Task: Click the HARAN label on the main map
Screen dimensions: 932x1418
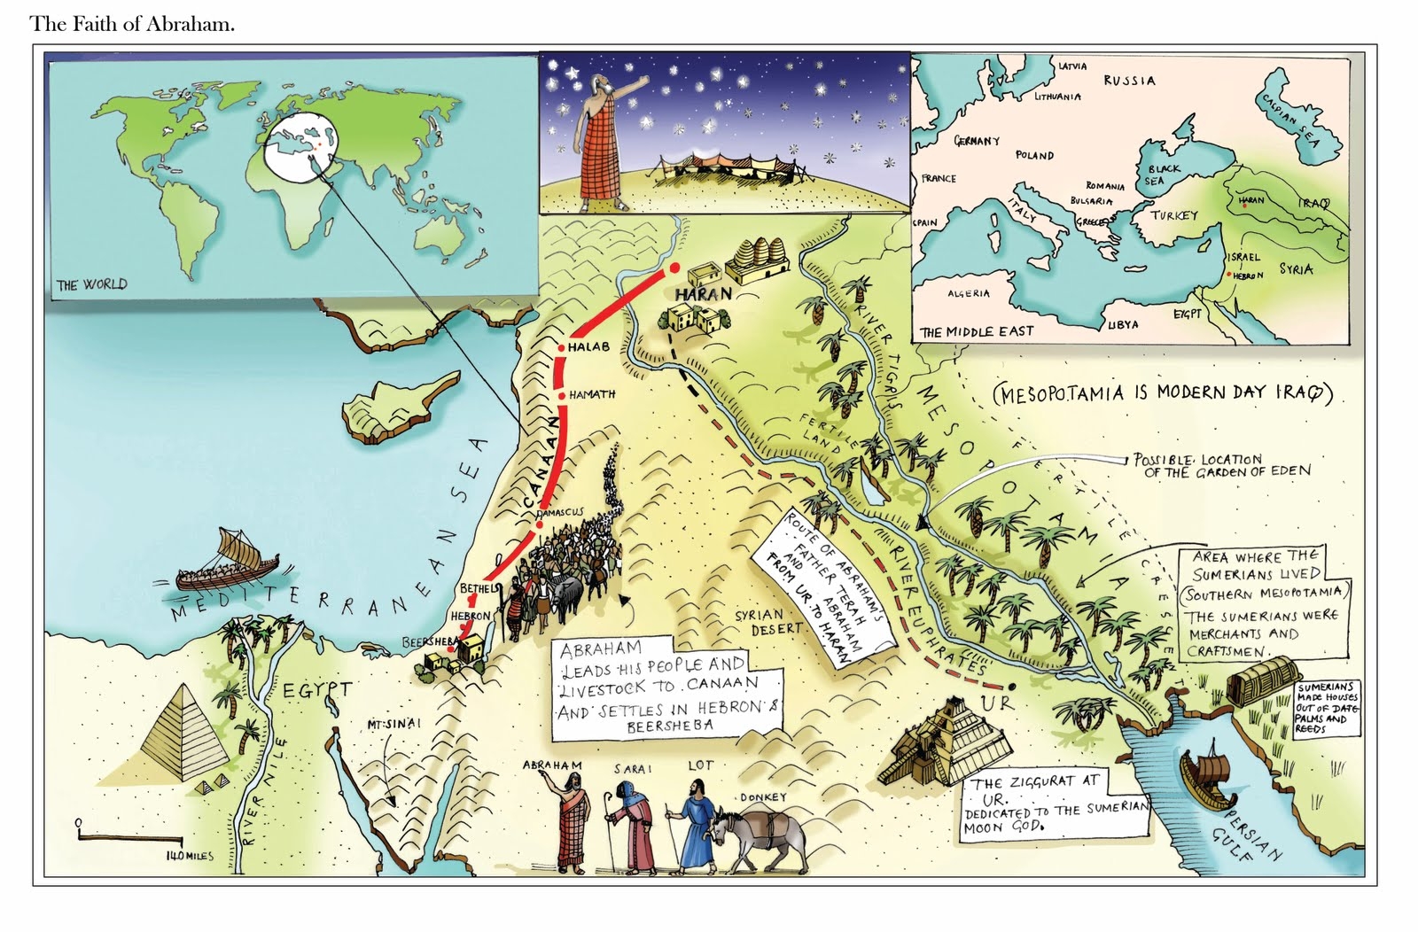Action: (703, 293)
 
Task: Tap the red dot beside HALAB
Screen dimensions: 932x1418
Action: (562, 347)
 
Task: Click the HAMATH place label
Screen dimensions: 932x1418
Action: (592, 394)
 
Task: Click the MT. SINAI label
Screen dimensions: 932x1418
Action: (394, 724)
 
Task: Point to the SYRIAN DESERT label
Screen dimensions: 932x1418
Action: (768, 621)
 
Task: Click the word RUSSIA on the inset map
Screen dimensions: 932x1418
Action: (1129, 81)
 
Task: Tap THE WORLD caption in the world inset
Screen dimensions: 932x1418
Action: (92, 284)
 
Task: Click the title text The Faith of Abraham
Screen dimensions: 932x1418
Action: (132, 24)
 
